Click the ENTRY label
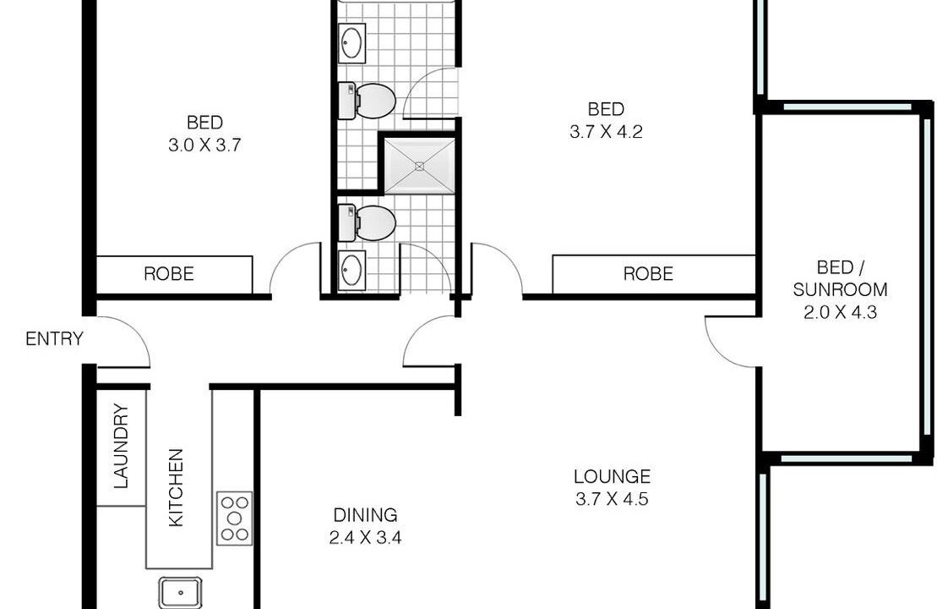(x=54, y=339)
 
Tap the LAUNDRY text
(x=122, y=447)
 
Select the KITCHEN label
(x=176, y=487)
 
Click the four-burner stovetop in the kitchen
(x=234, y=518)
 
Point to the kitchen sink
(x=181, y=592)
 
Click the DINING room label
(x=365, y=515)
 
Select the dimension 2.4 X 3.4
(x=365, y=538)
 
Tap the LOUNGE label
(x=612, y=477)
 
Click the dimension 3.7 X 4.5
(x=612, y=499)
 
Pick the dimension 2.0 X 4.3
(x=840, y=312)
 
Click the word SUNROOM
(x=840, y=289)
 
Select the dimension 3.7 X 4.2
(x=606, y=132)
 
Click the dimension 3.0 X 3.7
(x=204, y=145)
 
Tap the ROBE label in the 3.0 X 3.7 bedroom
(x=169, y=274)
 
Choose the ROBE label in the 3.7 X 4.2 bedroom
(x=648, y=274)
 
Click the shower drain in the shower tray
(x=420, y=167)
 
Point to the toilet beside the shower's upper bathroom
(x=367, y=101)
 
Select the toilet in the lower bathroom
(x=367, y=223)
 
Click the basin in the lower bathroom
(x=352, y=271)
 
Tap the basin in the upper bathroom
(x=352, y=42)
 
